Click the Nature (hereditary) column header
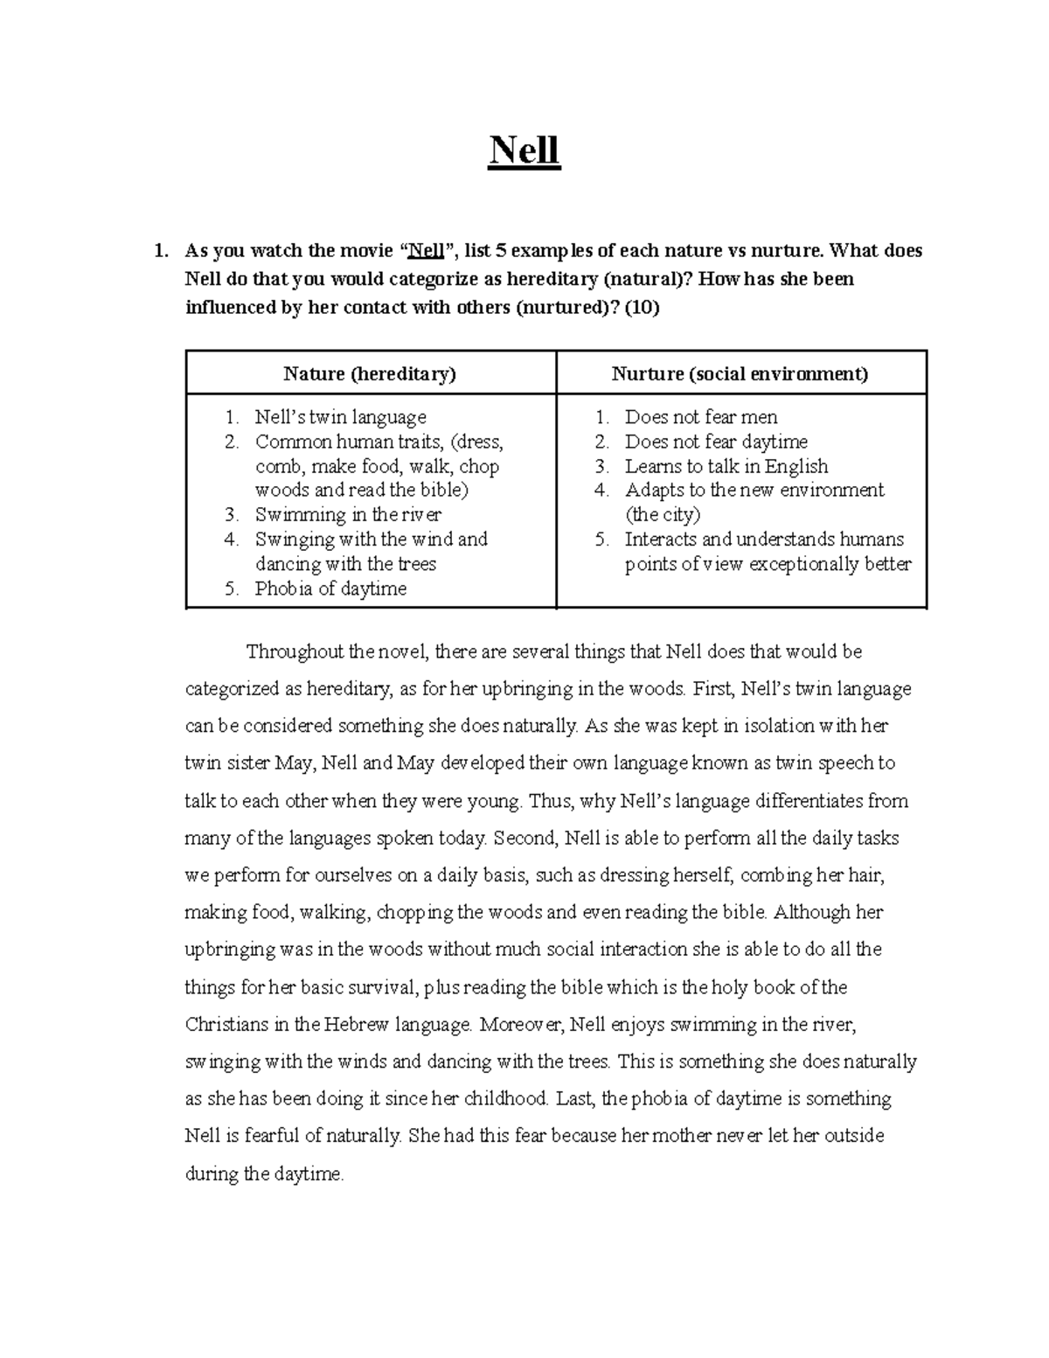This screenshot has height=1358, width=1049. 370,374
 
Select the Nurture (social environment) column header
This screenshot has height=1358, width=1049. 740,374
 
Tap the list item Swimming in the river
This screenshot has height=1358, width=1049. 348,514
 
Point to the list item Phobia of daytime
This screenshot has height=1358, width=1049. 330,588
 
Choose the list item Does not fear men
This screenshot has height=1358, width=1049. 700,417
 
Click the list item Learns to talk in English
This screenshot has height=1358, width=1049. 726,466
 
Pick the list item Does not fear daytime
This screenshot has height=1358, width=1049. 715,442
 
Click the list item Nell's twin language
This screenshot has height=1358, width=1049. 340,417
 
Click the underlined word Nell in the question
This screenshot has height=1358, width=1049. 427,251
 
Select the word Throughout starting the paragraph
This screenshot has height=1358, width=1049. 295,651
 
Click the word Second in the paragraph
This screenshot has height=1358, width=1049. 524,838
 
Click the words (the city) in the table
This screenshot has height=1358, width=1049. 663,514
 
